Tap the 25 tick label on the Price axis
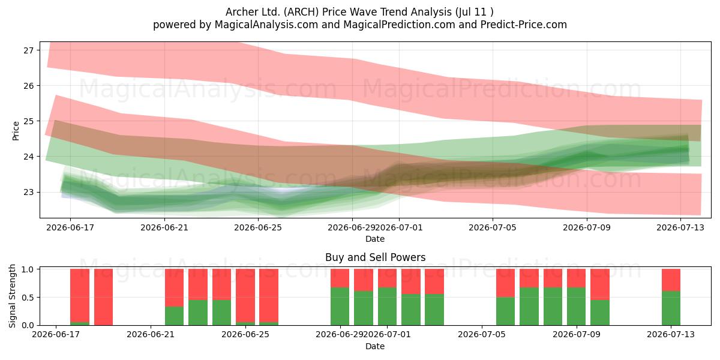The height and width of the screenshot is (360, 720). coord(28,121)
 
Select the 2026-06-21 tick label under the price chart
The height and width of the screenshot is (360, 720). coord(164,227)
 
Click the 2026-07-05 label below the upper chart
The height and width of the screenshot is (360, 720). coord(493,227)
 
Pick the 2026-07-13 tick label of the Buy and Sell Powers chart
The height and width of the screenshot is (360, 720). coord(671,335)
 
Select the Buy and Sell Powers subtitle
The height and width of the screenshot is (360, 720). coord(375,257)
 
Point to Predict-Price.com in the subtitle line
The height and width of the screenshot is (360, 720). coord(524,25)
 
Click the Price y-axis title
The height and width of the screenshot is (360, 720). coord(16,131)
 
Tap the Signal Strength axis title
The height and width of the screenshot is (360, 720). coord(12,296)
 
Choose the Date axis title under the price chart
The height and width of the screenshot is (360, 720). coord(375,239)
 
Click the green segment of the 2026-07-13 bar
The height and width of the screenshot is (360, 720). coord(671,308)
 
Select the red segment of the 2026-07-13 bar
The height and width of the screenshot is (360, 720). coord(671,280)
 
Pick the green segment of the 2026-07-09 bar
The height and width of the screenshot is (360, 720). coord(576,306)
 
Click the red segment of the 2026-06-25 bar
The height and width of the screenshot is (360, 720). coord(245,295)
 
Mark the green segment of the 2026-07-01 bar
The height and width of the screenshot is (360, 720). coord(387,306)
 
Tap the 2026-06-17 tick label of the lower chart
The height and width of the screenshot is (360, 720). coord(56,335)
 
